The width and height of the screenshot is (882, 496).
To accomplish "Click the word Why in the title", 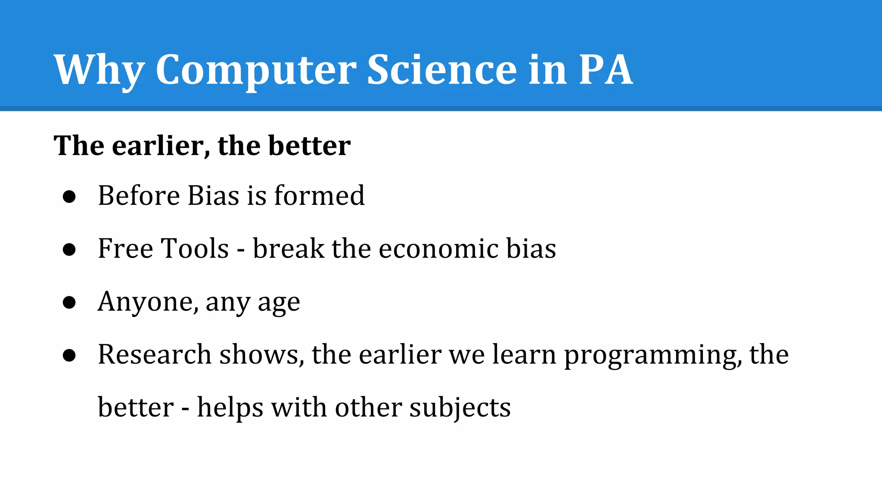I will tap(99, 70).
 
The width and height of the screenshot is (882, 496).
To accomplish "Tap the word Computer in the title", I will tap(256, 70).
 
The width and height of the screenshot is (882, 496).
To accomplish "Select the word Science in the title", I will tap(442, 70).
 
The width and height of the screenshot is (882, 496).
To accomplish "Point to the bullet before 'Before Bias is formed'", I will tap(69, 197).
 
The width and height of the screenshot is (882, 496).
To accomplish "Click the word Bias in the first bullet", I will tap(213, 196).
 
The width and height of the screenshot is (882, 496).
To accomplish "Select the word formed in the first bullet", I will tap(319, 196).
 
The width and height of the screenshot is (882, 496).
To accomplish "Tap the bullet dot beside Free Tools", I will tap(69, 250).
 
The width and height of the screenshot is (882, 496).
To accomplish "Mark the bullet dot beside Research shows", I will tap(69, 356).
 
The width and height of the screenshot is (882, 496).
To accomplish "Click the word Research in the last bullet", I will tap(155, 355).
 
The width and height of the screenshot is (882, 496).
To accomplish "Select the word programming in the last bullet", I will tap(653, 356).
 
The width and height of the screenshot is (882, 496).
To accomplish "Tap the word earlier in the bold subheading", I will tap(158, 146).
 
